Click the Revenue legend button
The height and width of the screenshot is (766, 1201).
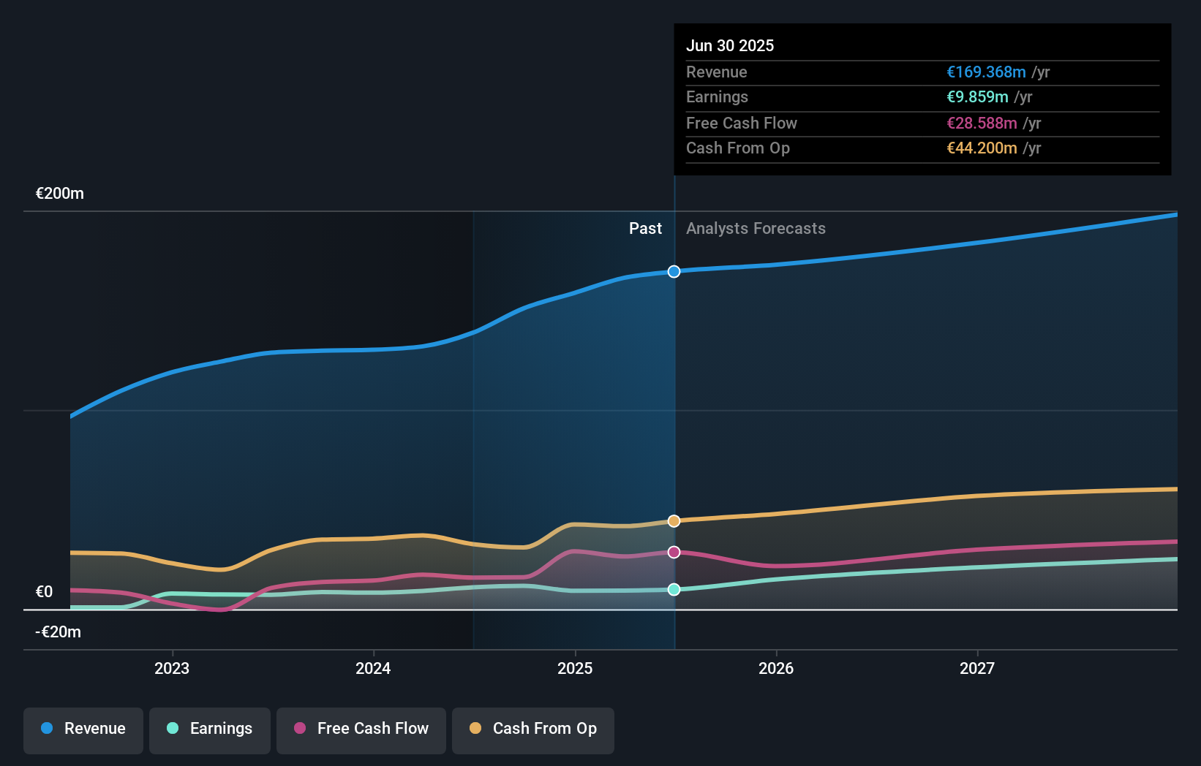tap(83, 729)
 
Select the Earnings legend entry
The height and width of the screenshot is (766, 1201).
tap(210, 729)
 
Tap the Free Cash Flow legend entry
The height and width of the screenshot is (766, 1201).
tap(361, 729)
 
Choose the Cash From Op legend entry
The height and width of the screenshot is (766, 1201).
tap(533, 729)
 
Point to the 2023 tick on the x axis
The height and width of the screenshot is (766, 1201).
tap(172, 668)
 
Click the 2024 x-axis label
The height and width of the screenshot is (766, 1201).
tap(373, 668)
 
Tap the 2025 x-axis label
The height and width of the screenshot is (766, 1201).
tap(575, 668)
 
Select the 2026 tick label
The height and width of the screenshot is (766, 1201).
tap(776, 668)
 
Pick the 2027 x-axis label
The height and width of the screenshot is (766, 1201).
tap(977, 668)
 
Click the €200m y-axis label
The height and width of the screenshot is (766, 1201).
tap(60, 194)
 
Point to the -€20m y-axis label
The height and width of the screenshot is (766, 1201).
tap(59, 632)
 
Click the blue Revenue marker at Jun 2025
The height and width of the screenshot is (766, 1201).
tap(674, 272)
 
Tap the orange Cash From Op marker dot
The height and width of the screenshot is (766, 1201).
tap(674, 521)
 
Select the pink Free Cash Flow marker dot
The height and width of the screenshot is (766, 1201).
tap(674, 552)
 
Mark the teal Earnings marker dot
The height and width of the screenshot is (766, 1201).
tap(674, 589)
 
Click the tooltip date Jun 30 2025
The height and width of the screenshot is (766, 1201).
tap(730, 45)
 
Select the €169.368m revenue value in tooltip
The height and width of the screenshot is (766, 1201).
tap(986, 72)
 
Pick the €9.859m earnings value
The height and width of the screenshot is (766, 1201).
tap(977, 97)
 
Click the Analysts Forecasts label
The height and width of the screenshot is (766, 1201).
tap(756, 229)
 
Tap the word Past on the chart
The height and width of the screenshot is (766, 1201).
tap(645, 229)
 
